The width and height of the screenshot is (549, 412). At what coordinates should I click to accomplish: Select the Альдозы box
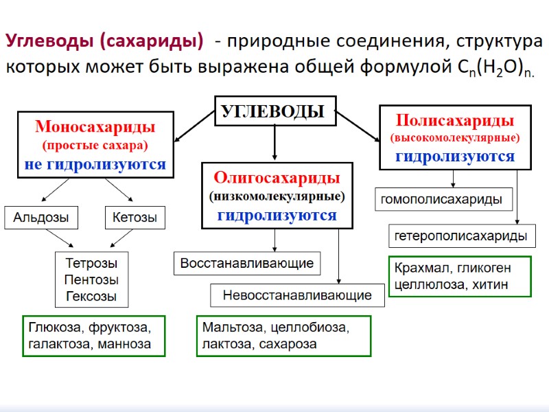click(x=41, y=218)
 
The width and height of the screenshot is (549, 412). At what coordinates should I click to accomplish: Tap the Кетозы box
click(x=135, y=218)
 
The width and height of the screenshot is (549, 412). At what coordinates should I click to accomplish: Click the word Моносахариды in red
click(x=95, y=127)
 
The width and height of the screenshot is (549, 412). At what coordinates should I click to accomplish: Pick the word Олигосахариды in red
click(x=277, y=178)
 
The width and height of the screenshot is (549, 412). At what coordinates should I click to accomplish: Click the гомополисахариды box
click(x=442, y=200)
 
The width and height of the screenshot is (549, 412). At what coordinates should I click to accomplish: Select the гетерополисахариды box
click(x=462, y=236)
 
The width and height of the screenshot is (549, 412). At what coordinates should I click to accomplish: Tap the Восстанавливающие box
click(x=246, y=263)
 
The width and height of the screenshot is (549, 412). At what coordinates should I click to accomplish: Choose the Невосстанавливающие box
click(x=297, y=295)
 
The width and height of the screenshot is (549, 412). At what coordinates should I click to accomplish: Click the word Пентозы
click(x=91, y=279)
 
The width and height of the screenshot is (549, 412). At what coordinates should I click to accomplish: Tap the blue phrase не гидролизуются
click(x=95, y=165)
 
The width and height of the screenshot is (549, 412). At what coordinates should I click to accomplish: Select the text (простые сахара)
click(x=95, y=146)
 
